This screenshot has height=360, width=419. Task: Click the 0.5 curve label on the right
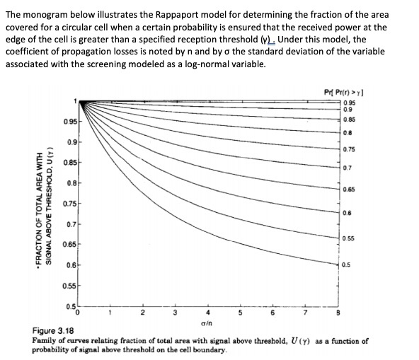345,265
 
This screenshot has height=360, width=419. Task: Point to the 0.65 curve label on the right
348,190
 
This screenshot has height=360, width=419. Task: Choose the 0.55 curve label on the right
348,238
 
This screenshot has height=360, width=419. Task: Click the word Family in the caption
46,341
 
